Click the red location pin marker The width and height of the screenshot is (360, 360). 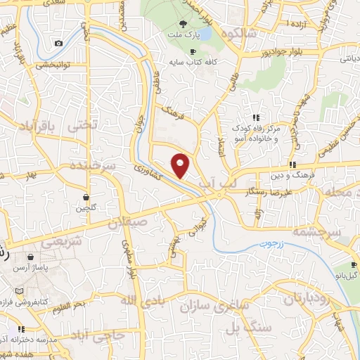[x=181, y=165]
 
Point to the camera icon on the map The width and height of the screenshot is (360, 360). [x=58, y=44]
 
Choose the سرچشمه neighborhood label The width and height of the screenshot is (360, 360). [x=317, y=232]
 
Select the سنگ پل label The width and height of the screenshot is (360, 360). [x=242, y=328]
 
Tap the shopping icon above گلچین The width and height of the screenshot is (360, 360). [x=85, y=197]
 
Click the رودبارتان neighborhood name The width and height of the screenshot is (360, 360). [x=307, y=299]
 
